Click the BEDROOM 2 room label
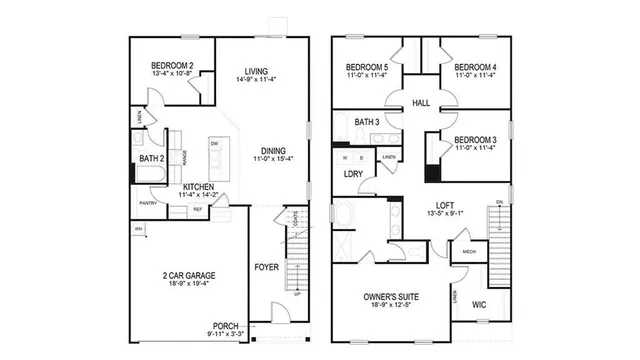tap(171, 66)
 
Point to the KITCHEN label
tap(198, 186)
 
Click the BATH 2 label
tap(151, 158)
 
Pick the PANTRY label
tap(148, 203)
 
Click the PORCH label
tap(226, 325)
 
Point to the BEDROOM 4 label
tap(468, 66)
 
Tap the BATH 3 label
tap(367, 121)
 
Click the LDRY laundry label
tap(353, 175)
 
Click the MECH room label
tap(466, 253)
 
